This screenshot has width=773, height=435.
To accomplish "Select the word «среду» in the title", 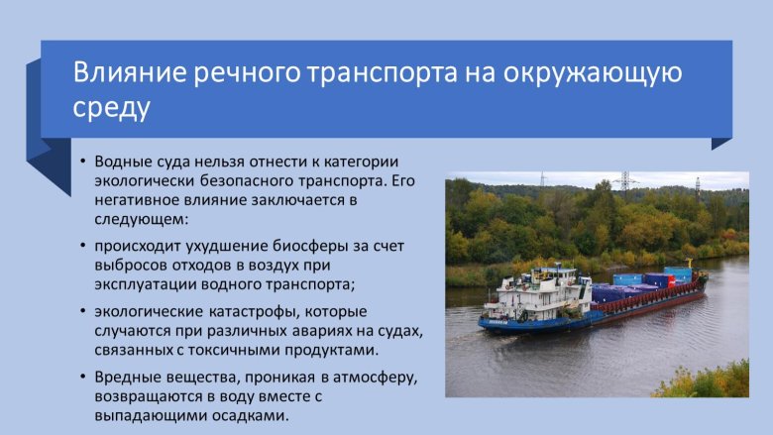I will (x=112, y=107).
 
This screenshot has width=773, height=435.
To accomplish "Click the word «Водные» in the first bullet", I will (x=123, y=162).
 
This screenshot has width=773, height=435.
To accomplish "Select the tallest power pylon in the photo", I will (x=625, y=182).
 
